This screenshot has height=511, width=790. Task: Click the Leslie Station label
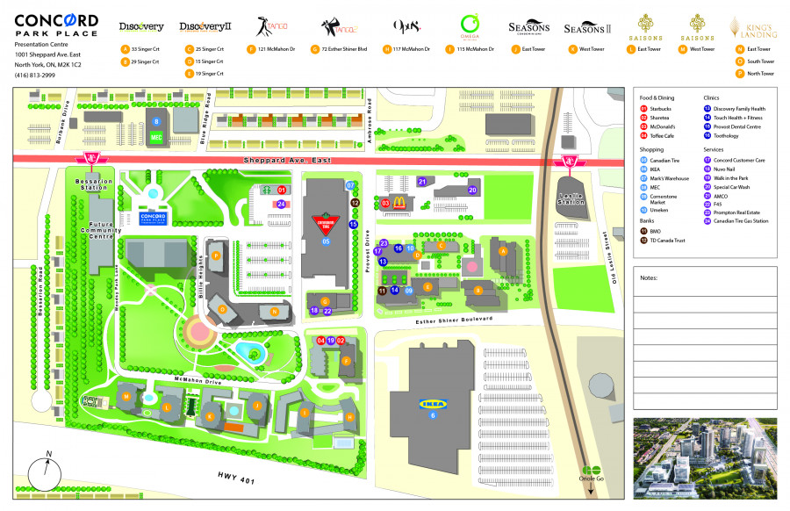571,200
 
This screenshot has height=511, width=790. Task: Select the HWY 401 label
236,475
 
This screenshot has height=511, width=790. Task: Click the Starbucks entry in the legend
661,109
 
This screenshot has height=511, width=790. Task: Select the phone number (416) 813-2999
35,75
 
